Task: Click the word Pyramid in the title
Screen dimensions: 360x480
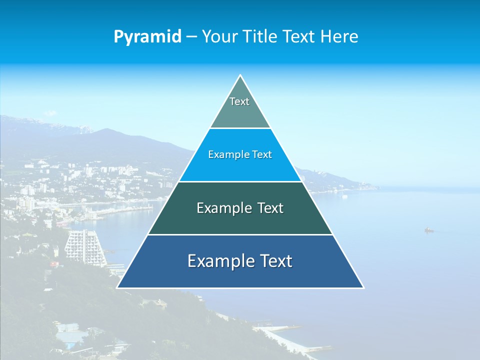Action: (x=147, y=37)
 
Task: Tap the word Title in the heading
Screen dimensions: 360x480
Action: (x=261, y=36)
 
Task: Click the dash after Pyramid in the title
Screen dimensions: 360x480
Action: (x=191, y=37)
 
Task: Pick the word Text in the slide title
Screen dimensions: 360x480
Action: (x=299, y=36)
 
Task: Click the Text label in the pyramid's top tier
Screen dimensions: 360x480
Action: (x=239, y=101)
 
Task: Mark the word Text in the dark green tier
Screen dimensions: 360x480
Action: (x=270, y=208)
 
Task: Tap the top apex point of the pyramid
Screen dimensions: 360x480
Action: (x=240, y=75)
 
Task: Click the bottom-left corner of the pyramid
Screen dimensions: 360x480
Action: (x=117, y=287)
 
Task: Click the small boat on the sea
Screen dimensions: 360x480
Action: (x=428, y=230)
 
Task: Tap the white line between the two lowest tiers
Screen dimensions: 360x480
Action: (x=240, y=234)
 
